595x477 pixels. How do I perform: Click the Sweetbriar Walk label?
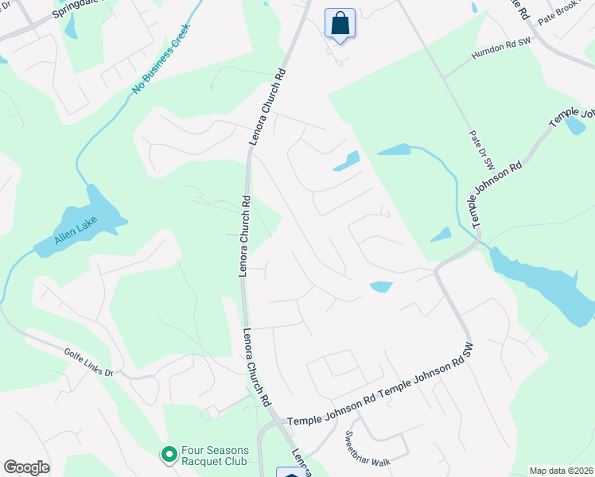click(367, 451)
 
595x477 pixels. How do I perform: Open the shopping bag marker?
click(340, 23)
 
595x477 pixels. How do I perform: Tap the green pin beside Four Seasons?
click(169, 455)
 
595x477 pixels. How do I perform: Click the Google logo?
click(26, 467)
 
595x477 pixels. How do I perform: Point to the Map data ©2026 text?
click(562, 471)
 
